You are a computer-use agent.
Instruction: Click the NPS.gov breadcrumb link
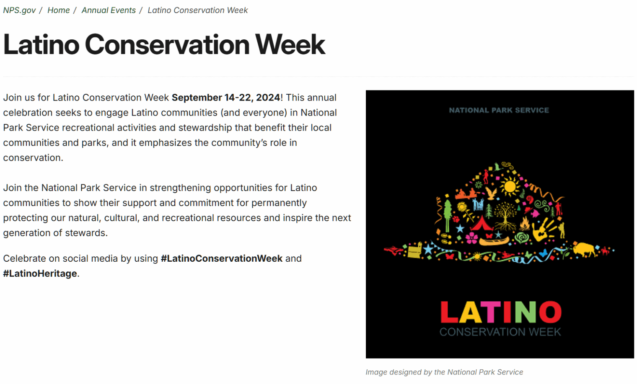[x=19, y=10]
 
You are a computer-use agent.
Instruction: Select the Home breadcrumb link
[x=58, y=10]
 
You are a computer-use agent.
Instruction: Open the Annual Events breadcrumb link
[x=109, y=10]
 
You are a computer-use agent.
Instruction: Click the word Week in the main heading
[x=290, y=44]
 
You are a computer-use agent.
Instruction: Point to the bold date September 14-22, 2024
[x=226, y=98]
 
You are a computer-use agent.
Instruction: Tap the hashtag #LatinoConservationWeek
[x=222, y=258]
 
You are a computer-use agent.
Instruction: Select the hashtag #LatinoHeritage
[x=40, y=273]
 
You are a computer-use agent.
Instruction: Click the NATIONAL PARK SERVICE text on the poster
[x=499, y=110]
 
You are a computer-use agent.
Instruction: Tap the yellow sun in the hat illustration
[x=510, y=186]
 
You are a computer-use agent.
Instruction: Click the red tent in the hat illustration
[x=482, y=224]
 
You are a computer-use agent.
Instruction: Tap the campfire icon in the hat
[x=525, y=224]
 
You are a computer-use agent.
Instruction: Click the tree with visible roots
[x=505, y=216]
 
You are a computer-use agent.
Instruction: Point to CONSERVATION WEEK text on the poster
[x=500, y=332]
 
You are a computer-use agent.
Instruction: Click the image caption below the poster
[x=444, y=372]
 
